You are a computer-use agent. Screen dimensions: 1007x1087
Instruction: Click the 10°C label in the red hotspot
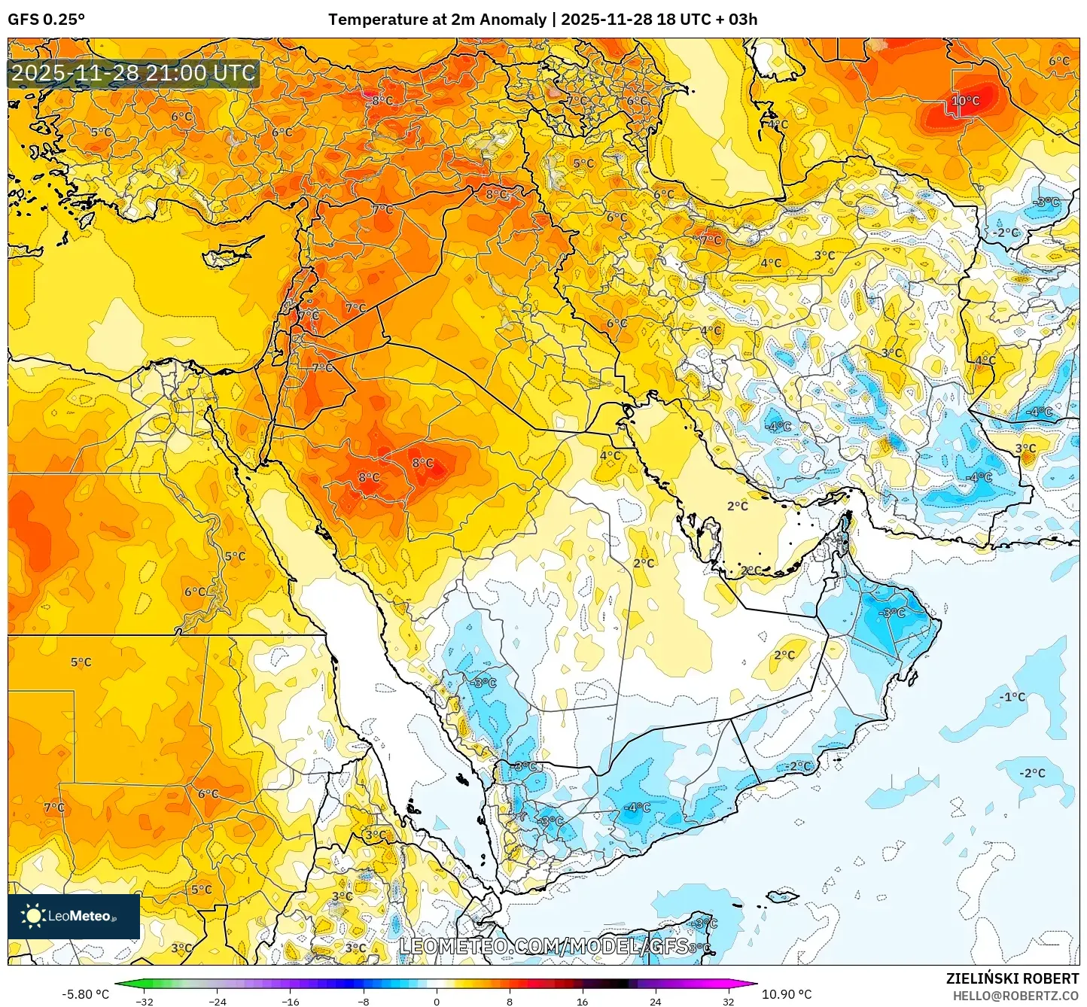click(x=966, y=101)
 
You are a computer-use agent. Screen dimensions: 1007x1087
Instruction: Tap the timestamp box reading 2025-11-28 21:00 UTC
click(x=134, y=73)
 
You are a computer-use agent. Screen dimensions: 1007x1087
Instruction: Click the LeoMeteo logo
click(x=74, y=916)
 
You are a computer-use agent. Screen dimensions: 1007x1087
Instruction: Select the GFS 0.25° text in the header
click(x=47, y=20)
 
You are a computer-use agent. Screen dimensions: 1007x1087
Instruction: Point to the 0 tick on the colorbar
click(x=437, y=1001)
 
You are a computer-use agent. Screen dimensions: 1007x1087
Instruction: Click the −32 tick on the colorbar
click(x=145, y=1001)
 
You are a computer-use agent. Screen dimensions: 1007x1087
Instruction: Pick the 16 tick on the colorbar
click(x=582, y=1001)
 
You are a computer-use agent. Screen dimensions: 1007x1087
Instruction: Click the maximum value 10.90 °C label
click(x=787, y=994)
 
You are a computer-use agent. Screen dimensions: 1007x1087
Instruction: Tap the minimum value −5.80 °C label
click(x=85, y=994)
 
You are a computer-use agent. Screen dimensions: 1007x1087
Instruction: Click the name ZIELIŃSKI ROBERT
click(x=1012, y=978)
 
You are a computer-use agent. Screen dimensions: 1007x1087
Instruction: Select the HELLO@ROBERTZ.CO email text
click(x=1015, y=996)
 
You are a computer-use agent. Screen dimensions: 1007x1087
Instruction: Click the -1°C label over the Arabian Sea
click(x=1012, y=697)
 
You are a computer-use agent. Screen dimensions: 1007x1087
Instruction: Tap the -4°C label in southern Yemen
click(x=637, y=808)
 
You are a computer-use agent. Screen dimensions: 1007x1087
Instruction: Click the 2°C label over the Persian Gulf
click(x=738, y=506)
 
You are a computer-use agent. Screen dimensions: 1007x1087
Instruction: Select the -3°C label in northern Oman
click(x=893, y=613)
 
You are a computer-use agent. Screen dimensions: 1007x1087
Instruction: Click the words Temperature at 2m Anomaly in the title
click(x=437, y=20)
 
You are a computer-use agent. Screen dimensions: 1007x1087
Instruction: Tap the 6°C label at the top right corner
click(x=1059, y=62)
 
